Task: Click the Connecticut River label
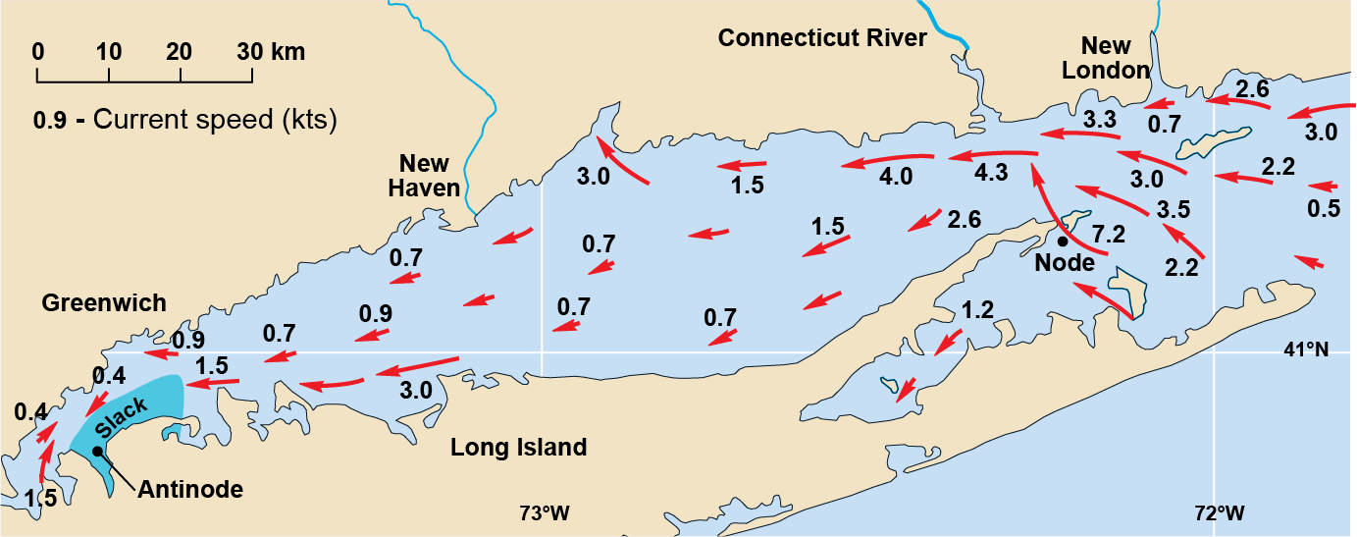pyautogui.click(x=822, y=38)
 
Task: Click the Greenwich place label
pyautogui.click(x=104, y=303)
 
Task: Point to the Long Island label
pyautogui.click(x=518, y=449)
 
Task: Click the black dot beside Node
pyautogui.click(x=1062, y=241)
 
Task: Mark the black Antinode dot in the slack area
pyautogui.click(x=97, y=451)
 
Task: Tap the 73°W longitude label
pyautogui.click(x=545, y=512)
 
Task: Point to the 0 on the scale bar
pyautogui.click(x=38, y=52)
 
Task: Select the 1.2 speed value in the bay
pyautogui.click(x=977, y=310)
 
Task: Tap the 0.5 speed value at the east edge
pyautogui.click(x=1325, y=208)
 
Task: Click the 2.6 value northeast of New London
pyautogui.click(x=1252, y=89)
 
